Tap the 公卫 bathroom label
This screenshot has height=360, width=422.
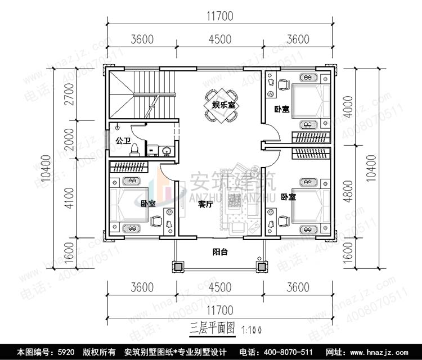pos(122,139)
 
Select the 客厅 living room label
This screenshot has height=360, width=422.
pos(205,205)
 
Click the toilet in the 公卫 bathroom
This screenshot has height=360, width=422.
pos(136,149)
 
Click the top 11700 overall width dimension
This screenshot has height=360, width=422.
pos(220,16)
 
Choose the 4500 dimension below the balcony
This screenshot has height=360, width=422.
pos(220,287)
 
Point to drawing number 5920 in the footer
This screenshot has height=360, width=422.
pos(65,352)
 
